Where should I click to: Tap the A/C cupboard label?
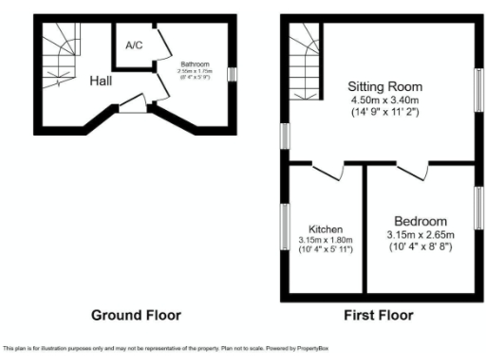[x=133, y=45]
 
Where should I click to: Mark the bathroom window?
[x=231, y=74]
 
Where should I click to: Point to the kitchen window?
[x=284, y=227]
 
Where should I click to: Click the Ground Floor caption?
[x=135, y=314]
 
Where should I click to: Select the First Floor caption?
[x=382, y=314]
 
